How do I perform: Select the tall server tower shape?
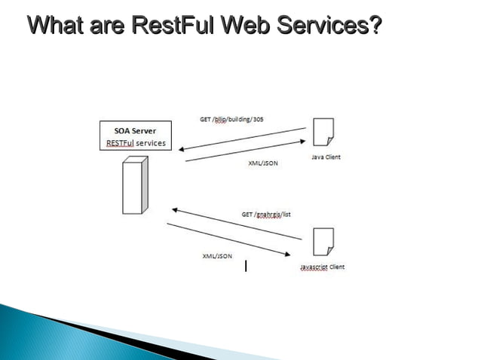point(133,185)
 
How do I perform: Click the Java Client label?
point(326,157)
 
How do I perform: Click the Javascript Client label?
point(322,267)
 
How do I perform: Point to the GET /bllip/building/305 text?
point(231,119)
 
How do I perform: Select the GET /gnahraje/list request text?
point(266,214)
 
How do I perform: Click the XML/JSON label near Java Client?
point(263,163)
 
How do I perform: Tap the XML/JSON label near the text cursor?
point(217,256)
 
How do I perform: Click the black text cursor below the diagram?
point(246,265)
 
